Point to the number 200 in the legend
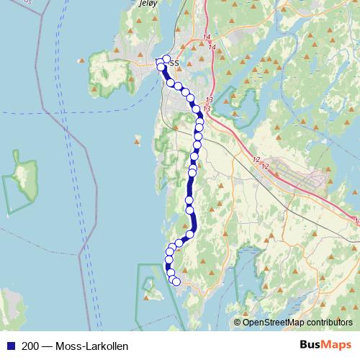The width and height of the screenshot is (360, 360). coord(30,346)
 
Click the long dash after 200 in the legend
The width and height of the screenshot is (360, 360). coord(47,346)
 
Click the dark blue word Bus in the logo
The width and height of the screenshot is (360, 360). coord(310,346)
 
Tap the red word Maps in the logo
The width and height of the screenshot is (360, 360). coord(338,346)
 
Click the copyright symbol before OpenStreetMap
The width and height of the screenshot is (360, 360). coord(238,323)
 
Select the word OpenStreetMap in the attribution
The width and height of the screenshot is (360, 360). coord(276,323)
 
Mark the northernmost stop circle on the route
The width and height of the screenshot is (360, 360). coord(166,59)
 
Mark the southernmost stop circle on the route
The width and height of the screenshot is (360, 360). coord(176,281)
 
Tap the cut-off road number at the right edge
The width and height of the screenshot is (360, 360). coord(356,221)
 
